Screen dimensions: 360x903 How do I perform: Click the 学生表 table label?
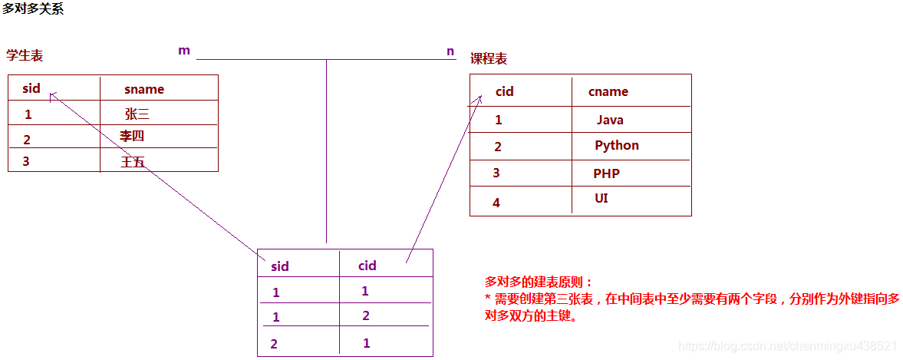point(25,55)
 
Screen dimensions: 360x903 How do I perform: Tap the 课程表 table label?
point(489,59)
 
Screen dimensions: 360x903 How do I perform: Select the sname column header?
point(144,89)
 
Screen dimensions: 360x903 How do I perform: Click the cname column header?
point(608,91)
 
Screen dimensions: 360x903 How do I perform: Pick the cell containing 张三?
point(137,114)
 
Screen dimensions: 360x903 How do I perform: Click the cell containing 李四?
point(132,137)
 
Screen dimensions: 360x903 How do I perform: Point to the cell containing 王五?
point(133,161)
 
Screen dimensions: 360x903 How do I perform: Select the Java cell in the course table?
point(610,120)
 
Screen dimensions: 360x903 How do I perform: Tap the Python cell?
point(617,145)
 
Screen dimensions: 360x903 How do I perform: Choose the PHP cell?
point(606,173)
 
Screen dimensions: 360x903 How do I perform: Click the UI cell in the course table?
point(601,198)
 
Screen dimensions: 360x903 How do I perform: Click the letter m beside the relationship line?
point(184,51)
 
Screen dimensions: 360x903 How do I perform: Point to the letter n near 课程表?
point(450,51)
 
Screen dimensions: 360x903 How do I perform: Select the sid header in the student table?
point(31,88)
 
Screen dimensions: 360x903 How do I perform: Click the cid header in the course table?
point(505,91)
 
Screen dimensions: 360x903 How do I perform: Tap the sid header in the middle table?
point(280,266)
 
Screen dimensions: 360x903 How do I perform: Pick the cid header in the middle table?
point(367,266)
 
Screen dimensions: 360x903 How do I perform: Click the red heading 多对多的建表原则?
point(539,282)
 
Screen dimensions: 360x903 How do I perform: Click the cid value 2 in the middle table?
point(366,315)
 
